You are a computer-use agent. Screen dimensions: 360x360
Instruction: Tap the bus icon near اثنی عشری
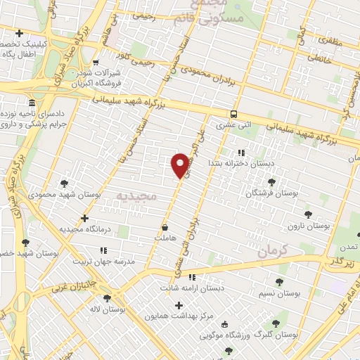pos(233,114)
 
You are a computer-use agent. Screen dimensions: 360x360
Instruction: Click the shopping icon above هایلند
pos(165,227)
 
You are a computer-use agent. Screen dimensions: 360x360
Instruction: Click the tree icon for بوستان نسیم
pos(279,282)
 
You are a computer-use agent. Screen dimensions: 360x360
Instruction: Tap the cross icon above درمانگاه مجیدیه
pos(84,218)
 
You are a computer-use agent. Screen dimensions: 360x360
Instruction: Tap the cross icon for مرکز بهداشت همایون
pos(179,305)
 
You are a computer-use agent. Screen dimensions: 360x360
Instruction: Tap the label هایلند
pos(164,238)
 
